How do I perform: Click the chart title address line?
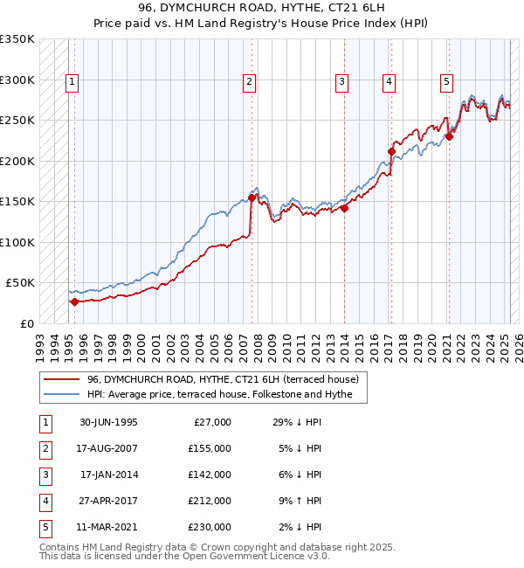tap(261, 8)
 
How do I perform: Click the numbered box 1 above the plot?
tap(72, 82)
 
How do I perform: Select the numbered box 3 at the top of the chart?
tap(341, 82)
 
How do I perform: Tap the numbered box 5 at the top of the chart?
tap(446, 82)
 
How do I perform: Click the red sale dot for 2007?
tap(252, 197)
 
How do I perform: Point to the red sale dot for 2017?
tap(391, 151)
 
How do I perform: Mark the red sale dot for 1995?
tap(74, 301)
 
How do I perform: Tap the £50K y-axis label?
tap(21, 283)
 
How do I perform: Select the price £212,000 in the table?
tap(210, 501)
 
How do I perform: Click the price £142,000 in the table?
tap(210, 474)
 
